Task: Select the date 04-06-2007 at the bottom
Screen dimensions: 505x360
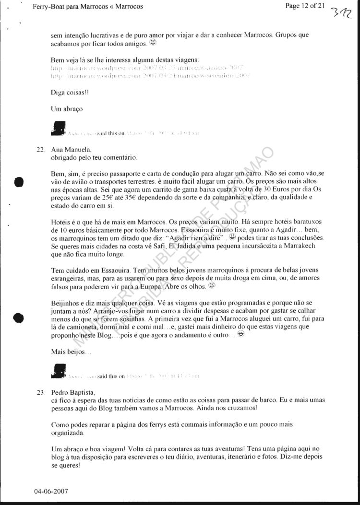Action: click(51, 492)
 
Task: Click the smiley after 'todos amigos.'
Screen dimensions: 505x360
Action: click(153, 43)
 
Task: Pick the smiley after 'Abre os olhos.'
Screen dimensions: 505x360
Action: click(212, 286)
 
